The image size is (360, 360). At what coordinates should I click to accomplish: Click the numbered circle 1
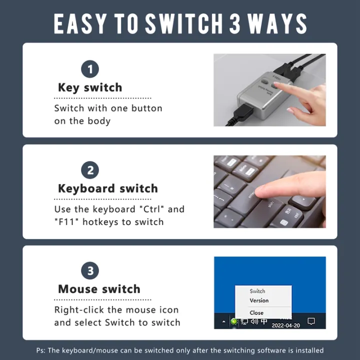click(x=90, y=69)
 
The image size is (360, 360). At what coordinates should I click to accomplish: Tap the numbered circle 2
click(x=90, y=170)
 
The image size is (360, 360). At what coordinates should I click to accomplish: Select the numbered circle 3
click(x=90, y=271)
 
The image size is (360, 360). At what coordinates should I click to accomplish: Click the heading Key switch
click(x=90, y=87)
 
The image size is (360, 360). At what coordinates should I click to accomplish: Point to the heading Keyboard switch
click(x=107, y=188)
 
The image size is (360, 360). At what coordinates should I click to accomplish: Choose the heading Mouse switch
click(x=99, y=289)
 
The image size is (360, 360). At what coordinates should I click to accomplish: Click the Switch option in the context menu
click(x=257, y=291)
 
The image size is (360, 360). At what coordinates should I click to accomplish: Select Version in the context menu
click(x=259, y=300)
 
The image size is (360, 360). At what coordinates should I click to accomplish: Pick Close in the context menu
click(x=256, y=312)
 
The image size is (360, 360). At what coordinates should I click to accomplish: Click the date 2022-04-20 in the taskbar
click(x=286, y=325)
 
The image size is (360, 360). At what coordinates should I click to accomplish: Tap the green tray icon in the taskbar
click(x=234, y=321)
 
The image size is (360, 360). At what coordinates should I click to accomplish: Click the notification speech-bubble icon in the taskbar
click(x=311, y=321)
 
